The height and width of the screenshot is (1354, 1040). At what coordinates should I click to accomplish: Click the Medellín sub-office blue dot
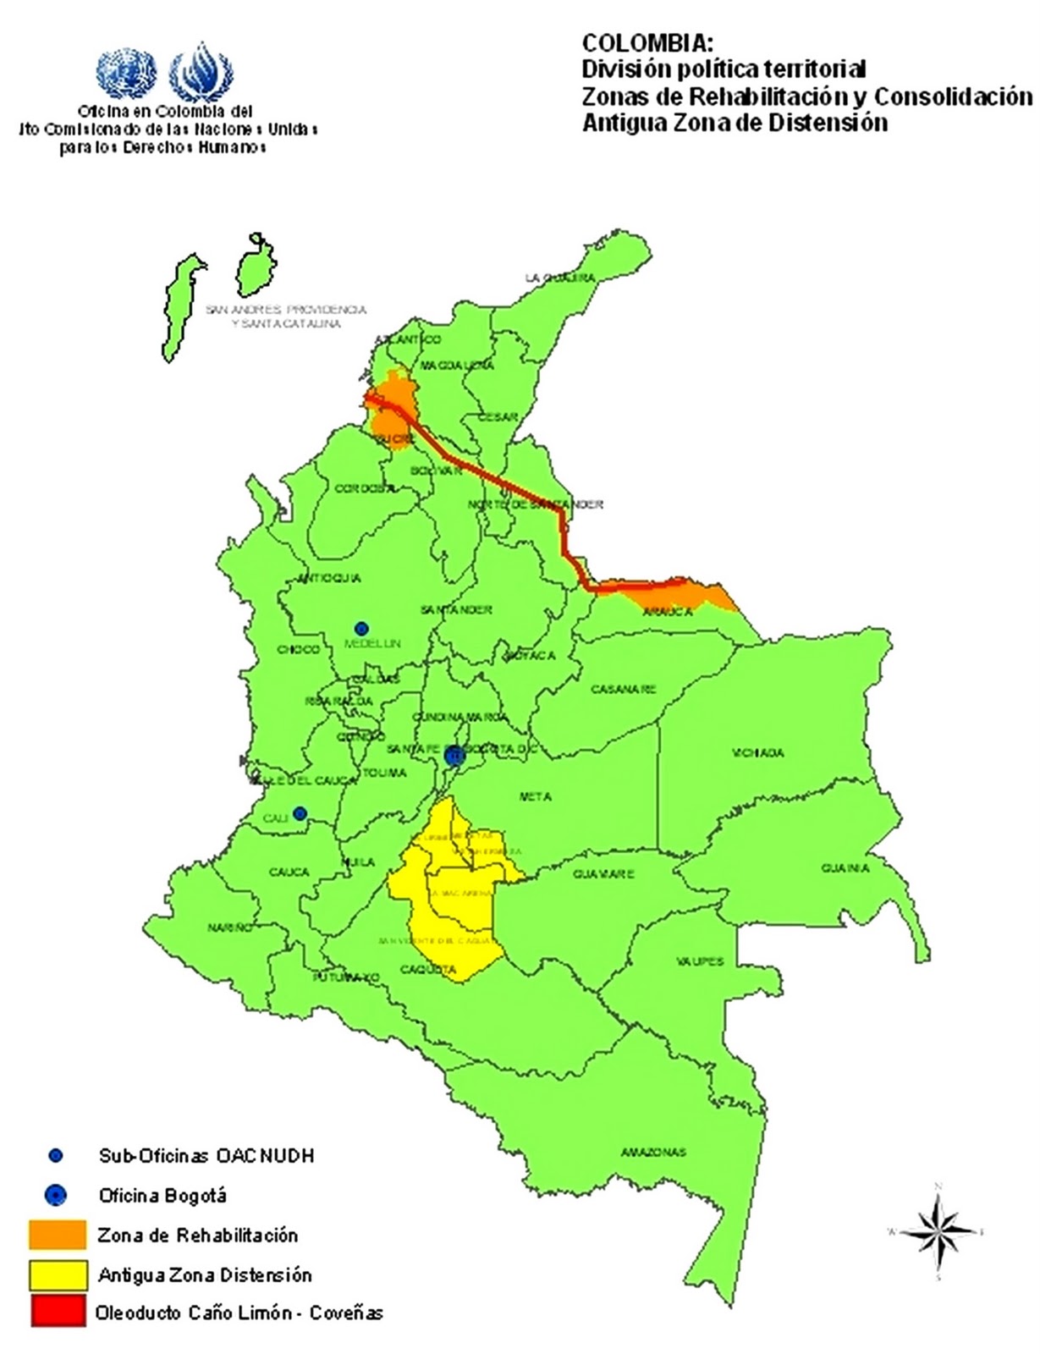pyautogui.click(x=361, y=629)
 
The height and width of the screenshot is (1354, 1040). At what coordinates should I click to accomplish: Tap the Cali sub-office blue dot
pyautogui.click(x=300, y=814)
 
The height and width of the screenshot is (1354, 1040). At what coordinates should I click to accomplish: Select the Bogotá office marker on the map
pyautogui.click(x=454, y=755)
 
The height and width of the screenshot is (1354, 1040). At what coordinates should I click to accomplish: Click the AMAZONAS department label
pyautogui.click(x=653, y=1153)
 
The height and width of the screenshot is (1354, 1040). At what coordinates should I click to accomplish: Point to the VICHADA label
pyautogui.click(x=758, y=752)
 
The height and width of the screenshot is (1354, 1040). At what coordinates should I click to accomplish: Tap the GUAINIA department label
pyautogui.click(x=845, y=869)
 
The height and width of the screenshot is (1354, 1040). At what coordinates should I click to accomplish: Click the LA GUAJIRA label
pyautogui.click(x=559, y=278)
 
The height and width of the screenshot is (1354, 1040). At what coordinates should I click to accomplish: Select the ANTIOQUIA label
pyautogui.click(x=329, y=579)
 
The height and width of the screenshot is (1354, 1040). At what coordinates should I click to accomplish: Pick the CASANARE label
pyautogui.click(x=623, y=690)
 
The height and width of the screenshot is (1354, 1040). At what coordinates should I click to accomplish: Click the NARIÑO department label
pyautogui.click(x=230, y=928)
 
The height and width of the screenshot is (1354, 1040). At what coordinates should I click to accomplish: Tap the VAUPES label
pyautogui.click(x=701, y=961)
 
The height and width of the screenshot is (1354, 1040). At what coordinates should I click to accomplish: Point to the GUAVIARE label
pyautogui.click(x=603, y=874)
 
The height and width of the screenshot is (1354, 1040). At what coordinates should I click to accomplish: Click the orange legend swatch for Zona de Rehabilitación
pyautogui.click(x=58, y=1235)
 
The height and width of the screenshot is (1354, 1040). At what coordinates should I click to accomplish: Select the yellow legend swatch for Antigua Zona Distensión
pyautogui.click(x=58, y=1274)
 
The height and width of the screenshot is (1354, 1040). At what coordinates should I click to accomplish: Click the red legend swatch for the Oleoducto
pyautogui.click(x=58, y=1313)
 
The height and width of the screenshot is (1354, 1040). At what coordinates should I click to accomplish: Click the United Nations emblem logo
pyautogui.click(x=127, y=73)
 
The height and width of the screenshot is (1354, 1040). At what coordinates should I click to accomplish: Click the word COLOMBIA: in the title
pyautogui.click(x=642, y=44)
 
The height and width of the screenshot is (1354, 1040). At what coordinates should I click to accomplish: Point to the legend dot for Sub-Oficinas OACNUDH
pyautogui.click(x=56, y=1156)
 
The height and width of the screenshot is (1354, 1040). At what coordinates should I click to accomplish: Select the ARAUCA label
pyautogui.click(x=667, y=612)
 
